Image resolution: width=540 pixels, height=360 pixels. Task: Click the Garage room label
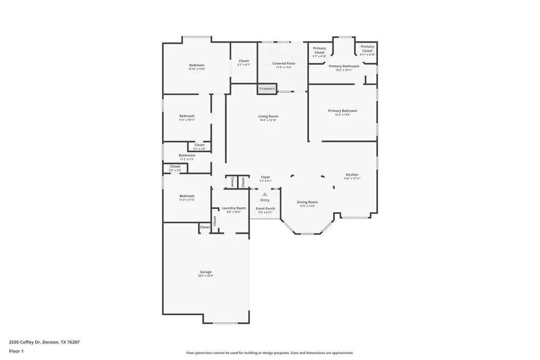click(205, 272)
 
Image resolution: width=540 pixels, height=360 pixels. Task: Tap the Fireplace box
click(267, 89)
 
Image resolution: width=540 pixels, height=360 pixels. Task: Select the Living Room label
click(268, 116)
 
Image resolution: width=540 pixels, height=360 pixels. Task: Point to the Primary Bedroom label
click(342, 111)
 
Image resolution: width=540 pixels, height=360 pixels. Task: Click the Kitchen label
click(352, 174)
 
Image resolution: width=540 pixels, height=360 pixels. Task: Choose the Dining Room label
click(307, 202)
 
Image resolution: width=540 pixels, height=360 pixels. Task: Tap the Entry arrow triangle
click(265, 194)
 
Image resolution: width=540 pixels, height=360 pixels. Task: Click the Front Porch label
click(265, 208)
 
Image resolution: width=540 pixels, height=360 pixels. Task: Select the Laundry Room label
click(234, 208)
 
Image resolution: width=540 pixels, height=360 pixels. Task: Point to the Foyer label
click(265, 177)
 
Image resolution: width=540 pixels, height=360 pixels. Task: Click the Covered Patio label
click(283, 63)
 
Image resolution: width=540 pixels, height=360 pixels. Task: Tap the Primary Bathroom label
click(344, 66)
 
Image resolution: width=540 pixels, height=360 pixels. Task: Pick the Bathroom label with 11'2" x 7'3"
click(187, 155)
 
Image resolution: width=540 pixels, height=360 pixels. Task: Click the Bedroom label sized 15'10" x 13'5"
click(197, 65)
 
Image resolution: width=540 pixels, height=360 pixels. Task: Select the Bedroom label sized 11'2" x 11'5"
click(187, 196)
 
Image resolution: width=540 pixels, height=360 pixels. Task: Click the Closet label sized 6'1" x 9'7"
click(244, 61)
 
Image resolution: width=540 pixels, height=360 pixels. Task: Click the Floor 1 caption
click(16, 351)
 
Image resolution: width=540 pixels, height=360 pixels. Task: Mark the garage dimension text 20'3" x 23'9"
click(205, 276)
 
